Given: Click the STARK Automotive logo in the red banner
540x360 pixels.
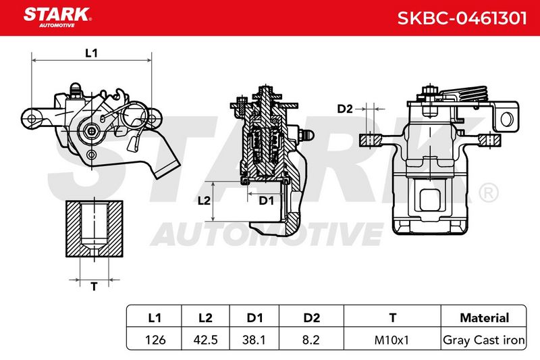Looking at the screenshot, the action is tap(57, 18).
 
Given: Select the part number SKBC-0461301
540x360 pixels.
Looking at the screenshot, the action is tap(462, 18).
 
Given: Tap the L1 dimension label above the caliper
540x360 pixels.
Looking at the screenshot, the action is tap(91, 53).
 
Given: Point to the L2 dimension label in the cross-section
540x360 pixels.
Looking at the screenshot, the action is tap(204, 200).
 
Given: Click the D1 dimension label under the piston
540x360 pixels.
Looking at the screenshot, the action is tap(266, 201).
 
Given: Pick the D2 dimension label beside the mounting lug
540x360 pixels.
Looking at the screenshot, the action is tap(345, 109).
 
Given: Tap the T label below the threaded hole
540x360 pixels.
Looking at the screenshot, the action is tap(94, 286).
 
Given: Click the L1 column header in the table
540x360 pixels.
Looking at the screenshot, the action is tap(155, 317).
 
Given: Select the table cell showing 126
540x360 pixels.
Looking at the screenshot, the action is tap(155, 340).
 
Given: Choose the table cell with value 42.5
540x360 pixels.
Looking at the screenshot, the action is tap(206, 340).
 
